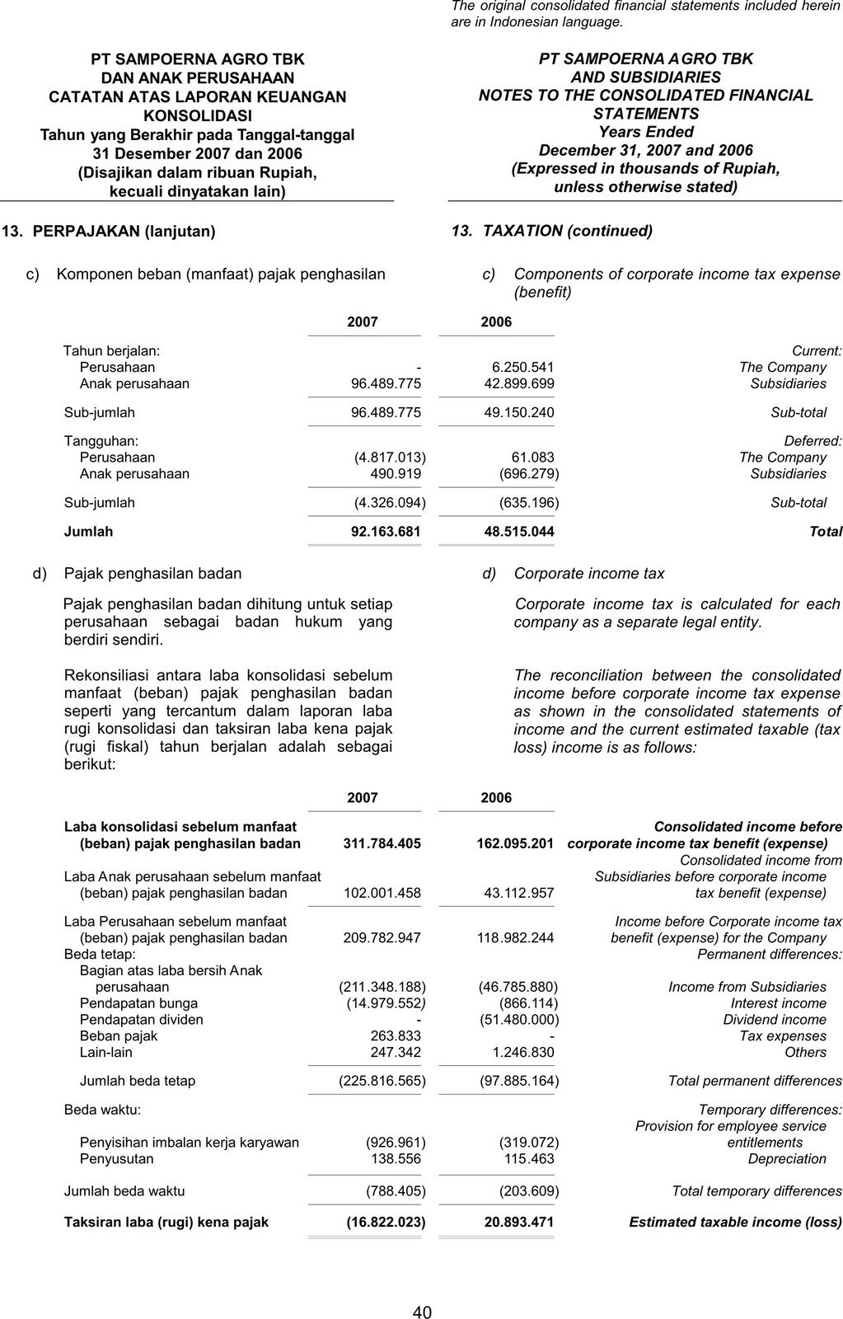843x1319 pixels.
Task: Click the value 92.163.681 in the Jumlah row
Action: [x=386, y=532]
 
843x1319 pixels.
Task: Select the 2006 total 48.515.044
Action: [x=519, y=532]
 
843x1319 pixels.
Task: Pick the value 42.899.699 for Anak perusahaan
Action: [x=519, y=384]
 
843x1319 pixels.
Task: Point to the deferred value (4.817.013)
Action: [x=390, y=458]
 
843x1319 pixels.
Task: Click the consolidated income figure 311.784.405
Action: [x=382, y=843]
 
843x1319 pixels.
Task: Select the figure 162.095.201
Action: [x=515, y=843]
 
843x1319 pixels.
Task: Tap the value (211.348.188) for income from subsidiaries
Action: [x=382, y=987]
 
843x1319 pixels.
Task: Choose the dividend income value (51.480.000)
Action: [x=518, y=1020]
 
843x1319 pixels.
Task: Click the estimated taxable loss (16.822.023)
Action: [x=386, y=1222]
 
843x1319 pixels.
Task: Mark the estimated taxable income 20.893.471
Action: [x=519, y=1222]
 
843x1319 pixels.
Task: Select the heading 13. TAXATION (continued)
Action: [x=552, y=232]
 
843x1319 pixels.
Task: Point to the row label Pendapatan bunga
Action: [x=138, y=1003]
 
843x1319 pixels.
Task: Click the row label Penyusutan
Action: [x=116, y=1159]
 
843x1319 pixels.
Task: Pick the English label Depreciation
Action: [x=787, y=1159]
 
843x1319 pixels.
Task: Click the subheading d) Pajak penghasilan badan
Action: [x=138, y=574]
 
